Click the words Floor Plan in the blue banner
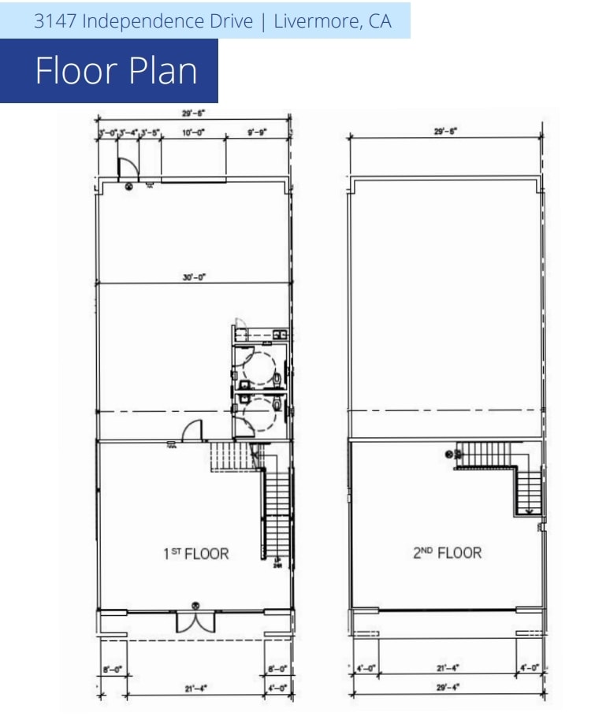[117, 71]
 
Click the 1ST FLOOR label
[195, 554]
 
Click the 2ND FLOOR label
[446, 552]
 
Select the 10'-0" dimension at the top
[193, 133]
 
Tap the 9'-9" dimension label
[258, 133]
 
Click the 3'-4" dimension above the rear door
[128, 133]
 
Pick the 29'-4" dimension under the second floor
[446, 686]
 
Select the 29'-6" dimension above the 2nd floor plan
[445, 132]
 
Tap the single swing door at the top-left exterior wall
[126, 167]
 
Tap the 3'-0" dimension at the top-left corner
[106, 133]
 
